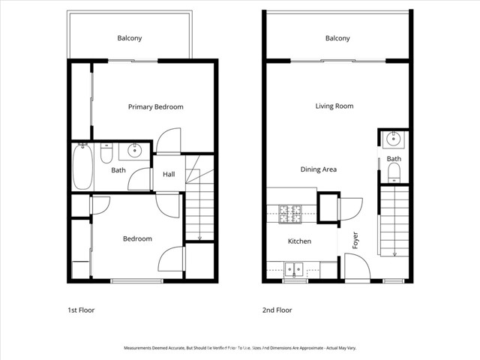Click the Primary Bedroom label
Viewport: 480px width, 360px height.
[x=155, y=107]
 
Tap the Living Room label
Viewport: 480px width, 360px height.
[x=334, y=106]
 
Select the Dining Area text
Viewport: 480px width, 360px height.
[x=318, y=169]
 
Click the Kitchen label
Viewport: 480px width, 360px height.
[x=299, y=241]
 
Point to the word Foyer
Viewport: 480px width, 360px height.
[x=356, y=239]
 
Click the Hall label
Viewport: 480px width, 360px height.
[x=169, y=175]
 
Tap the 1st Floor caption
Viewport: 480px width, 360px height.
[x=81, y=310]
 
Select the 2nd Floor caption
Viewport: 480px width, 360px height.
[x=277, y=310]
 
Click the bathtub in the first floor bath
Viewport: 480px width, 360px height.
[x=82, y=166]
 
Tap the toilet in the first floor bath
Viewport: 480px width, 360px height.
[x=106, y=154]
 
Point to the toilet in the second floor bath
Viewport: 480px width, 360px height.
[x=394, y=173]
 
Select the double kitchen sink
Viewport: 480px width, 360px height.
[x=294, y=268]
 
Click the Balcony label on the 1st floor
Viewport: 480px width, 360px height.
[x=129, y=38]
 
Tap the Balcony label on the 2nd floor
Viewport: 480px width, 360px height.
[x=337, y=38]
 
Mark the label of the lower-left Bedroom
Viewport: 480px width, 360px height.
[x=137, y=239]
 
